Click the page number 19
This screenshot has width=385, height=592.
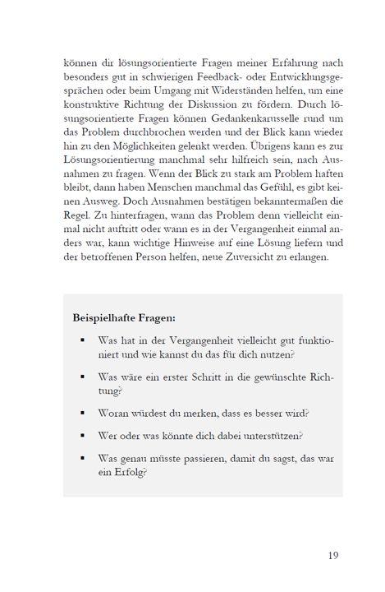coord(332,556)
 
